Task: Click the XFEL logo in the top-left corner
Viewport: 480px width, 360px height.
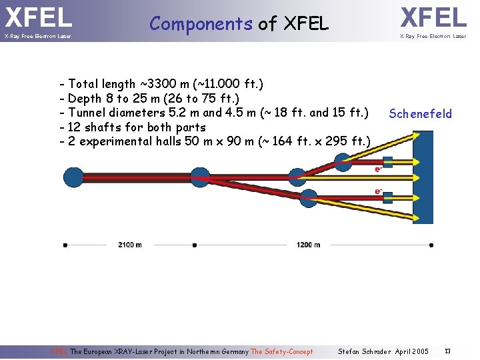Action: [x=38, y=17]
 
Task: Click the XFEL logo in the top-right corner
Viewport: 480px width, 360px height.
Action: [x=433, y=17]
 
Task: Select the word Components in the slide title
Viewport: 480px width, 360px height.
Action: [x=201, y=24]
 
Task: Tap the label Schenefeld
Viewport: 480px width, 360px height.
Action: [x=420, y=114]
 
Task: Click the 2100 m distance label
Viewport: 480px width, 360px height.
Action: [x=129, y=245]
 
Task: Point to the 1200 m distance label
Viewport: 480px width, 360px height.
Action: [x=308, y=245]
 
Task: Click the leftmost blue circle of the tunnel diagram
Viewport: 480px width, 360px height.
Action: [x=73, y=177]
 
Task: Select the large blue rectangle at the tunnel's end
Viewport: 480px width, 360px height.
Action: [x=423, y=176]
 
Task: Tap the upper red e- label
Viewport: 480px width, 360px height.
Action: [x=378, y=169]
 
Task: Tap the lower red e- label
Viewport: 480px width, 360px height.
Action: [x=378, y=191]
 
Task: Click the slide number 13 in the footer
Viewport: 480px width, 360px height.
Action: [x=447, y=351]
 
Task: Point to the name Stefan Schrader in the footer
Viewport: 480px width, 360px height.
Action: [x=363, y=351]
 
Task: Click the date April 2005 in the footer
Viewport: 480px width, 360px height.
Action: [x=412, y=351]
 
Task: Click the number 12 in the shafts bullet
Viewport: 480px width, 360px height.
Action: [x=75, y=127]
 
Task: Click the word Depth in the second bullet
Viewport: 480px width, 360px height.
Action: [x=84, y=99]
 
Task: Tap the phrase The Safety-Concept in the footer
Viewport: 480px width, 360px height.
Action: [x=281, y=351]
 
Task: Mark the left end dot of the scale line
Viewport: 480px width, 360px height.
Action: [x=65, y=245]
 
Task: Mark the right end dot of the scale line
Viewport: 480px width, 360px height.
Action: [x=431, y=245]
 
